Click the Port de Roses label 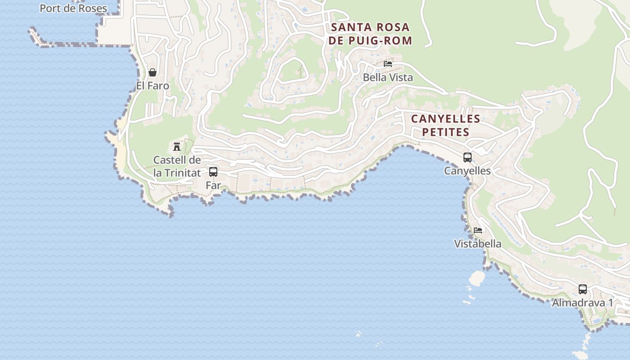[x=73, y=8]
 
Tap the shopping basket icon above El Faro [x=153, y=72]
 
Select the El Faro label [x=153, y=85]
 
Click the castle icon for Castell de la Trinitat [x=177, y=146]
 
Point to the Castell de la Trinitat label [x=177, y=166]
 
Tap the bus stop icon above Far [x=213, y=172]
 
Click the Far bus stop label [x=213, y=185]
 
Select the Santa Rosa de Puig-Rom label [x=370, y=34]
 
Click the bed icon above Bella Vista [x=388, y=64]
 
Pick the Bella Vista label [x=388, y=77]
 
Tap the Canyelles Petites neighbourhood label [x=445, y=125]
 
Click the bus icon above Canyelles [x=468, y=157]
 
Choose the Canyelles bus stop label [x=467, y=171]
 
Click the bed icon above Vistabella [x=478, y=230]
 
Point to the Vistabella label [x=477, y=244]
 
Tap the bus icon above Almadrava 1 [x=583, y=289]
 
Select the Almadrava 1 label [x=582, y=303]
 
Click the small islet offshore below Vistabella [x=476, y=278]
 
